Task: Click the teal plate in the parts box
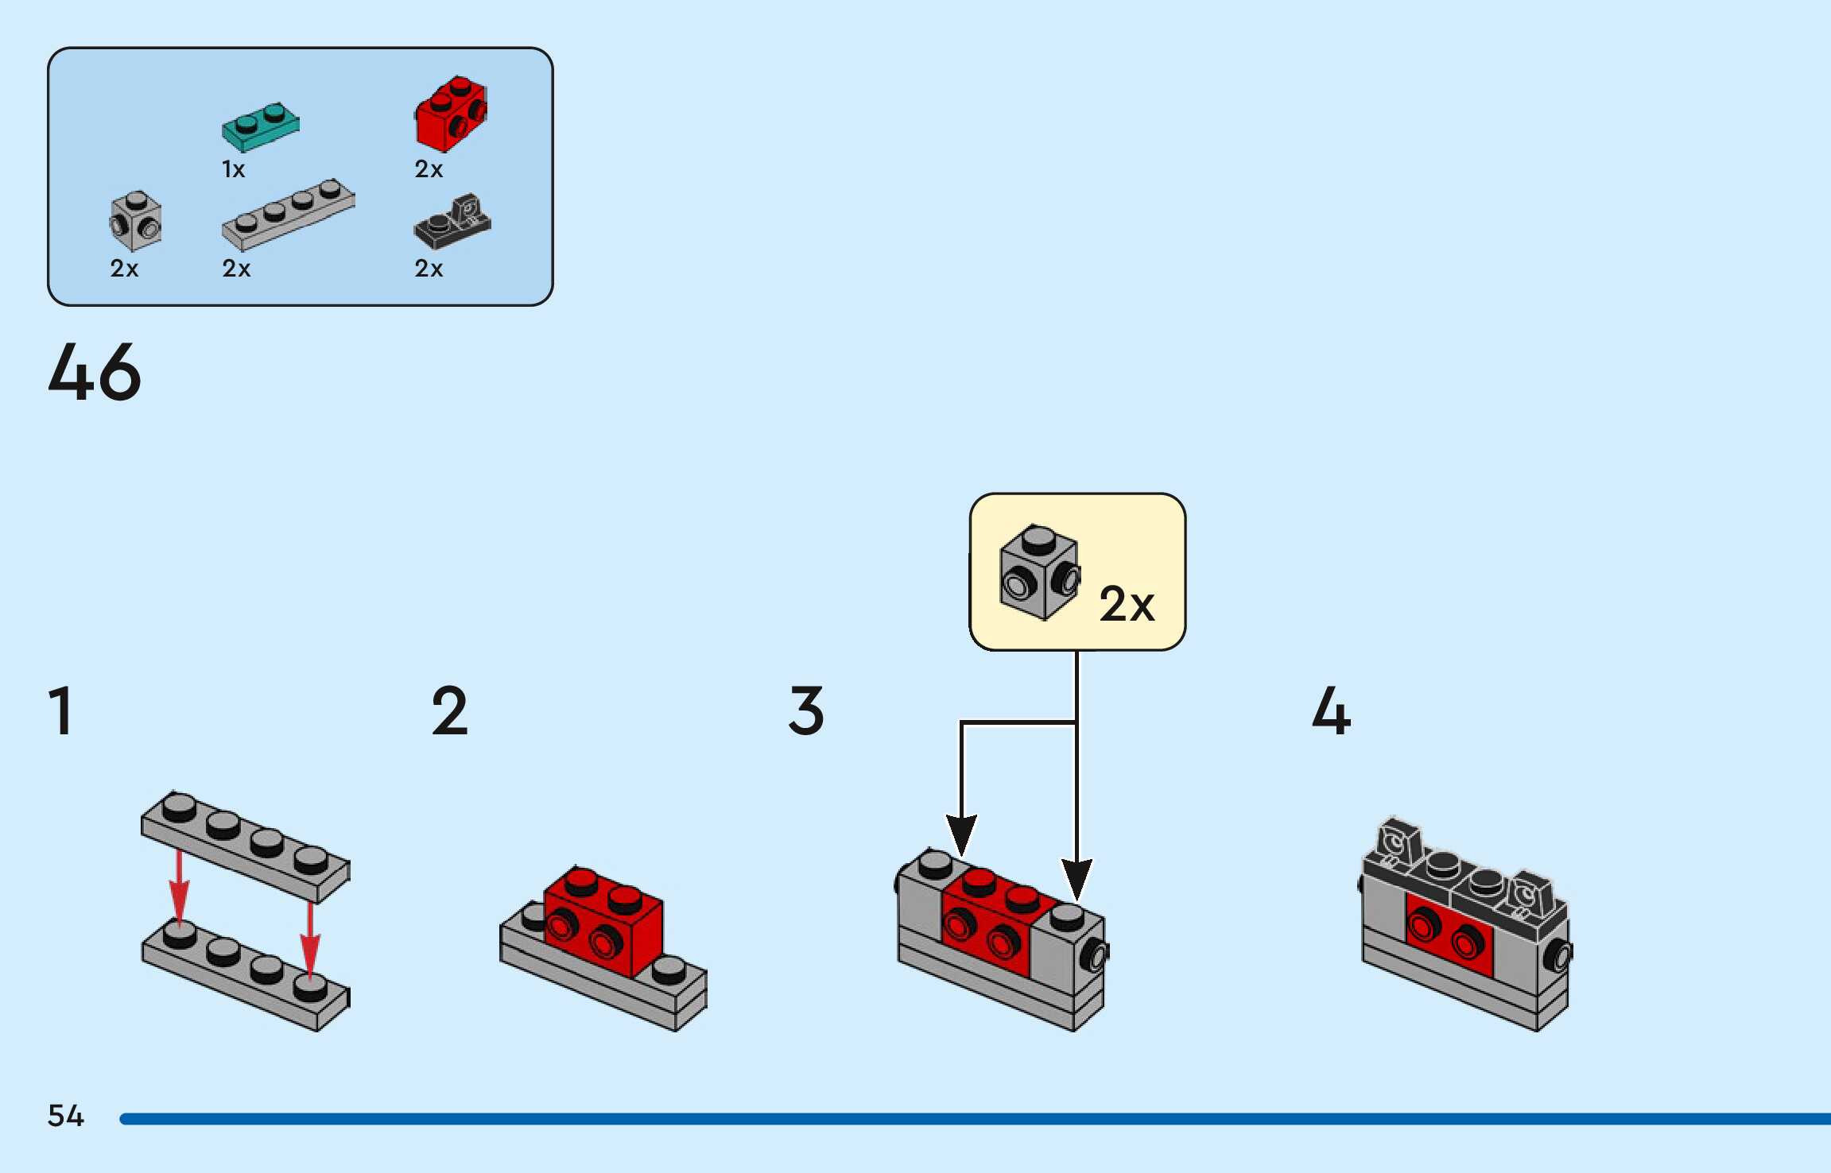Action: tap(260, 127)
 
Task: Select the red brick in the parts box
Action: tap(450, 115)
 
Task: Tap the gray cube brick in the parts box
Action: tap(136, 222)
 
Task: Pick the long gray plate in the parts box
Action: tap(288, 214)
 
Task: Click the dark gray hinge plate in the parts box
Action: tap(452, 222)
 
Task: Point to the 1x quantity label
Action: tap(234, 169)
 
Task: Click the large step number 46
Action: tap(95, 371)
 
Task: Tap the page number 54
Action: tap(66, 1116)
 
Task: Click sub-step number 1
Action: tap(61, 710)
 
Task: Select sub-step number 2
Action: tap(449, 710)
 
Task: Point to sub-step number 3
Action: tap(806, 710)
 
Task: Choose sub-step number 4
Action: tap(1331, 710)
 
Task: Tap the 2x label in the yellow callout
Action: tap(1127, 605)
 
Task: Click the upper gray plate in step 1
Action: tap(245, 846)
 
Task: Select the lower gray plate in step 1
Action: tap(245, 976)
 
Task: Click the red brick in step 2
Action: tap(604, 922)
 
